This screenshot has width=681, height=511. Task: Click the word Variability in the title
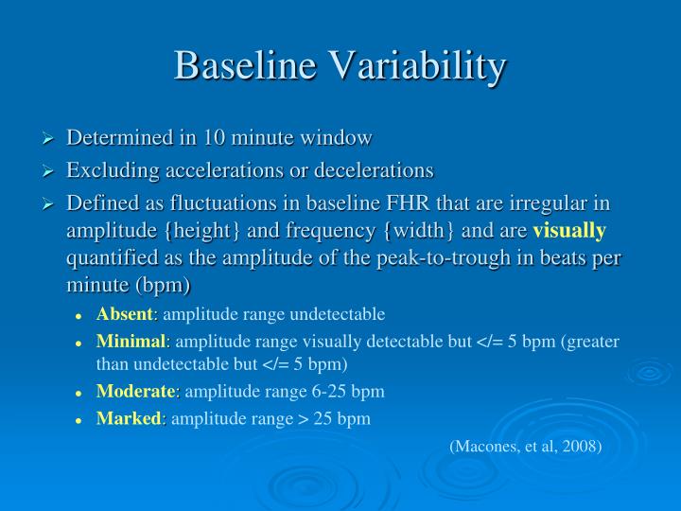416,65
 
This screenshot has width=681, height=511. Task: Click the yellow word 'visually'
569,231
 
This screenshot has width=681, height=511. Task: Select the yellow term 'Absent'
124,314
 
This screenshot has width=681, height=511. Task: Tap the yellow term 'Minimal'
131,342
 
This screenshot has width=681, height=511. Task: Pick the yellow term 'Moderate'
135,391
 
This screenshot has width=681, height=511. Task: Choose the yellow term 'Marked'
130,418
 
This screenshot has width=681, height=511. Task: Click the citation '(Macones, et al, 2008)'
525,446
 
